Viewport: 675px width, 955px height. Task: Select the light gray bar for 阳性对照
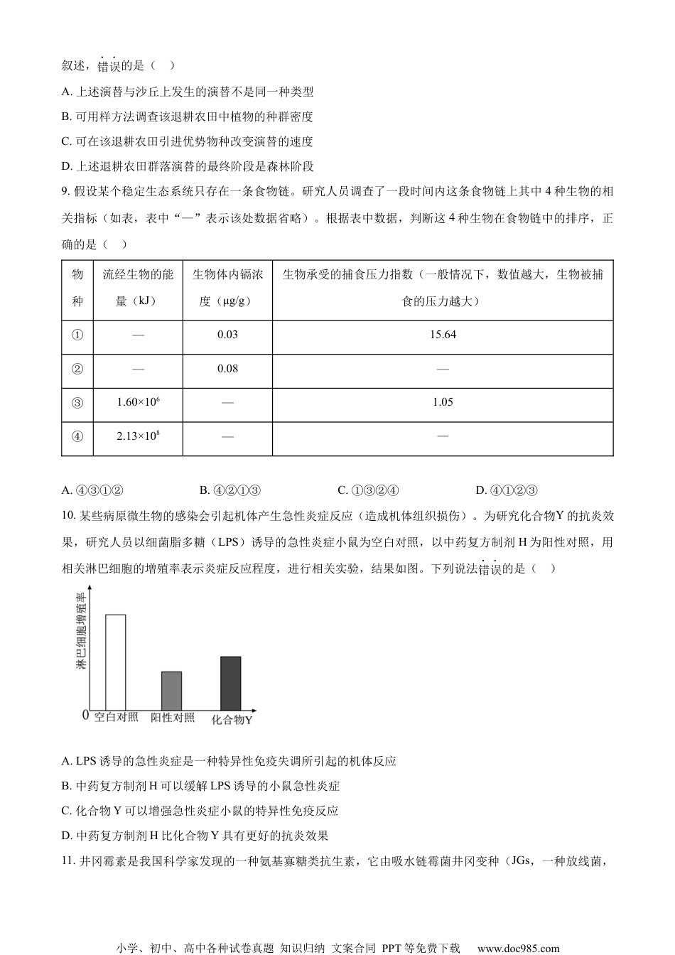point(171,690)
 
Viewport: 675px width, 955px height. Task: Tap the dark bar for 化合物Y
point(231,682)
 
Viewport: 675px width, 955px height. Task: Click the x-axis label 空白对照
point(117,717)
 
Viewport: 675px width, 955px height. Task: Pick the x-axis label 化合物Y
point(232,719)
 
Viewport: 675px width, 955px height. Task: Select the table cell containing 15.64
point(443,335)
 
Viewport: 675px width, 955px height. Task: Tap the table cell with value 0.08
point(227,369)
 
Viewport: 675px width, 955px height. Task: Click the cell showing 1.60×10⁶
point(138,402)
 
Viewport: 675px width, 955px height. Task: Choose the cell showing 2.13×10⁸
point(138,436)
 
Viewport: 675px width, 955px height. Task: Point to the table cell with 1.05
point(443,402)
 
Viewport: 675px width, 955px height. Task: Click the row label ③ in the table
point(77,403)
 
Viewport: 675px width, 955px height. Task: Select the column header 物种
point(77,288)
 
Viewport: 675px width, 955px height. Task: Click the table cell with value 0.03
point(227,335)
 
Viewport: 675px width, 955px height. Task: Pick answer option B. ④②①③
point(231,490)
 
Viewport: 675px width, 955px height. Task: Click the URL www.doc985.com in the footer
point(518,948)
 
